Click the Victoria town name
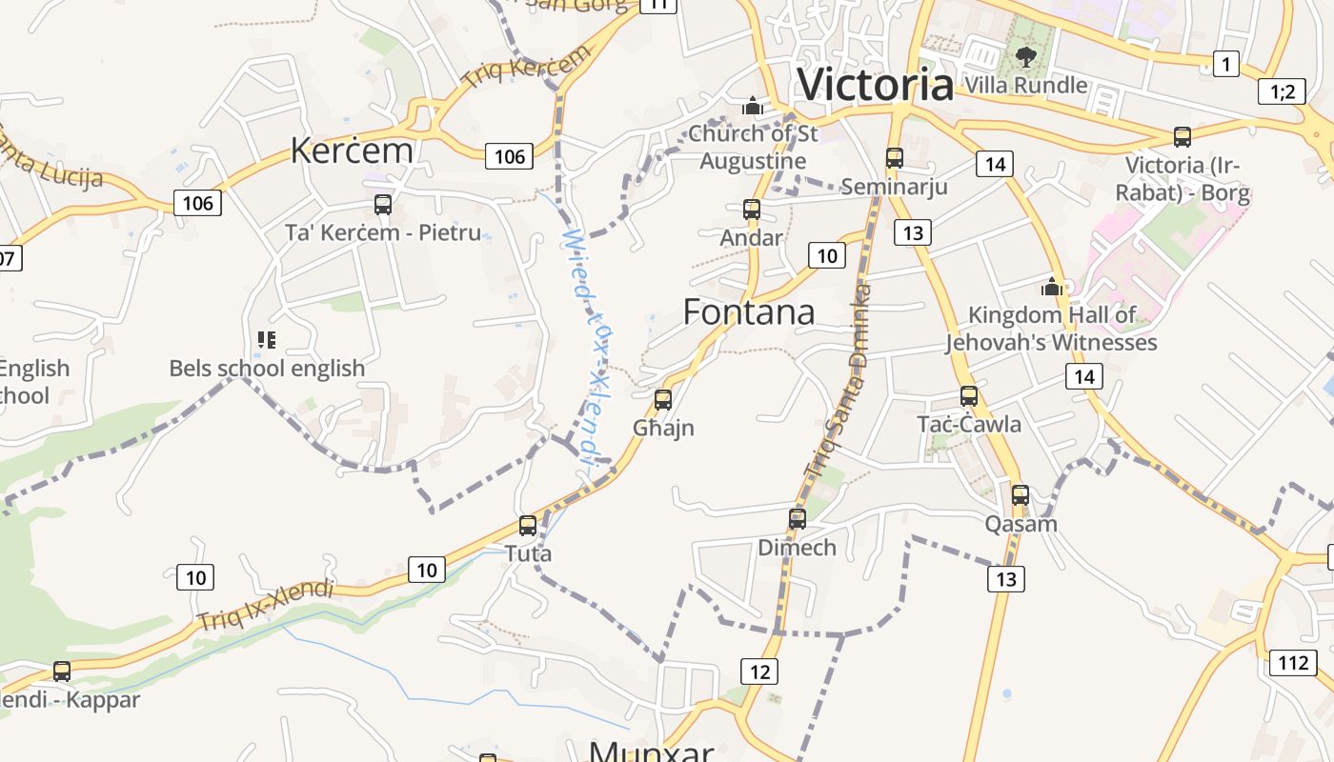(875, 84)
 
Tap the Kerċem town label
(352, 150)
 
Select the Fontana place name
(749, 312)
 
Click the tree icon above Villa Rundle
(1025, 57)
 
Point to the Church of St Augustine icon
(753, 106)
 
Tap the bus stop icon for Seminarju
(894, 158)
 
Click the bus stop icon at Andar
(752, 210)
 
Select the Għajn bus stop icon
(663, 400)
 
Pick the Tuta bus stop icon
(528, 526)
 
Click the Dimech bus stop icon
(798, 519)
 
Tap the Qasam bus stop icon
(1021, 495)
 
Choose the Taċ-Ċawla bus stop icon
(969, 396)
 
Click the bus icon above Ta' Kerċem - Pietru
(383, 205)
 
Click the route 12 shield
(758, 672)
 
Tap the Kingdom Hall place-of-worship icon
(1052, 287)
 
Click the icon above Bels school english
(267, 340)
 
